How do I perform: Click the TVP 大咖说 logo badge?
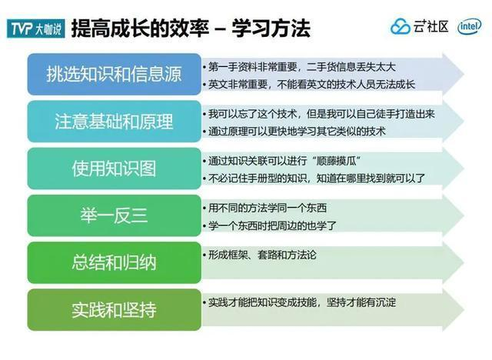pyautogui.click(x=36, y=28)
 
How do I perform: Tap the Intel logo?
pyautogui.click(x=470, y=26)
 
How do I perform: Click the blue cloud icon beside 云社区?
pyautogui.click(x=400, y=26)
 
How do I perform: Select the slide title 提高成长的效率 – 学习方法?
pyautogui.click(x=191, y=28)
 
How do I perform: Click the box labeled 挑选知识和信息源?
pyautogui.click(x=115, y=75)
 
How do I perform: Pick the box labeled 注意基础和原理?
pyautogui.click(x=115, y=122)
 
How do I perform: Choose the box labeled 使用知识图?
pyautogui.click(x=115, y=168)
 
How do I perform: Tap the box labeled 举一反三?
pyautogui.click(x=115, y=215)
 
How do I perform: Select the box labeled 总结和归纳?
pyautogui.click(x=115, y=263)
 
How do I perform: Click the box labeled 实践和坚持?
pyautogui.click(x=115, y=310)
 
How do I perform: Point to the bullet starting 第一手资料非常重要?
pyautogui.click(x=299, y=67)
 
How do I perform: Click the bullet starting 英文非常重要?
pyautogui.click(x=309, y=85)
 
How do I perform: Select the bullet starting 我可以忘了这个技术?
pyautogui.click(x=319, y=114)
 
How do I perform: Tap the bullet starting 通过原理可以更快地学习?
pyautogui.click(x=294, y=132)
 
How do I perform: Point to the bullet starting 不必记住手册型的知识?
pyautogui.click(x=314, y=178)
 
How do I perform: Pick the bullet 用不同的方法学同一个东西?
pyautogui.click(x=265, y=208)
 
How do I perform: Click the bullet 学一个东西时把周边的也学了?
pyautogui.click(x=270, y=225)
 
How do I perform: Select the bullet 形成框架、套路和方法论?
pyautogui.click(x=260, y=255)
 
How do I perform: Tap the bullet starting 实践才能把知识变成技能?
pyautogui.click(x=300, y=302)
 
